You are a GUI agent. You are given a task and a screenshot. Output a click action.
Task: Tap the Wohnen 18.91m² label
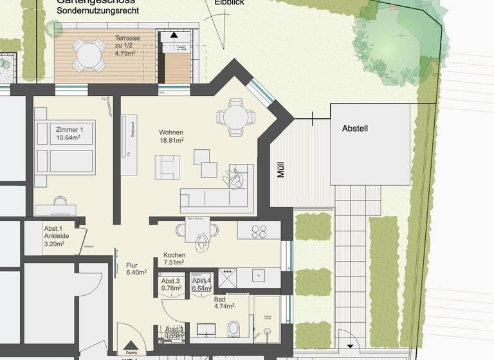coord(172,136)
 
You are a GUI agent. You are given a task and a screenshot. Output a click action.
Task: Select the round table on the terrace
coord(89,55)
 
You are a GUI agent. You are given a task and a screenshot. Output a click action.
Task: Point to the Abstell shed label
coord(355,129)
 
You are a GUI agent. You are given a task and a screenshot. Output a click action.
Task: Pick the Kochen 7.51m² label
coord(174,258)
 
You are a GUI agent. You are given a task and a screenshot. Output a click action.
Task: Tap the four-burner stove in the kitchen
coord(259,231)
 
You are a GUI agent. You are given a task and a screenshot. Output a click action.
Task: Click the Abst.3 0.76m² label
coord(170,284)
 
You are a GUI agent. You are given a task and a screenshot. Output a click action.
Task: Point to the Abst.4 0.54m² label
coord(201,285)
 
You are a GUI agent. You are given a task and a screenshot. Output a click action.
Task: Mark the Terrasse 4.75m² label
coord(127,46)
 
